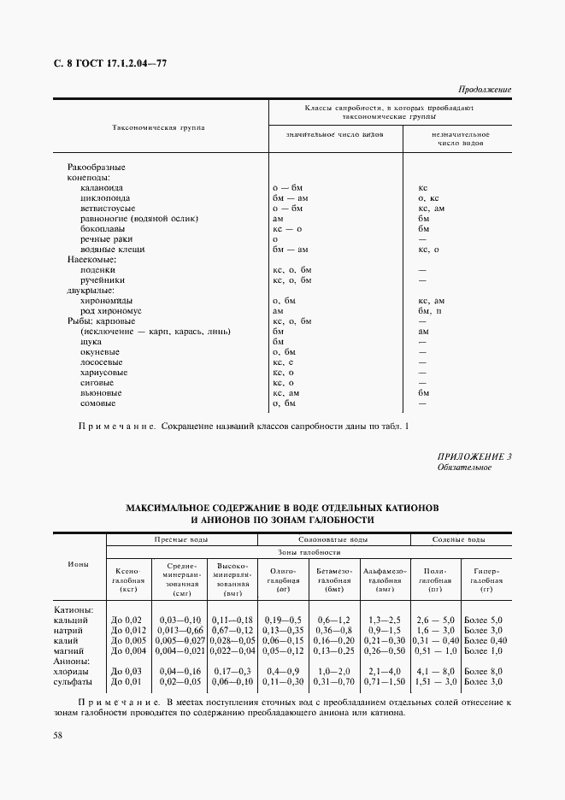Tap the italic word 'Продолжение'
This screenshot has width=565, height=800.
click(485, 90)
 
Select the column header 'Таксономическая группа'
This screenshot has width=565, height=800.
click(159, 127)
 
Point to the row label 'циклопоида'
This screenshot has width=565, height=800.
click(105, 197)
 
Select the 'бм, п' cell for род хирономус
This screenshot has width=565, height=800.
click(431, 310)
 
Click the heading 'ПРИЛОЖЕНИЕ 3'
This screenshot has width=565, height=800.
click(474, 456)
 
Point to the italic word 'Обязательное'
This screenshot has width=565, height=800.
click(464, 468)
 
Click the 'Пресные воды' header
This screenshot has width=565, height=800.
click(181, 539)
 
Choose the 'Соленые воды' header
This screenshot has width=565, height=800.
click(460, 539)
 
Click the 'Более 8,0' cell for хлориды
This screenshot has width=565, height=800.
click(482, 672)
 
